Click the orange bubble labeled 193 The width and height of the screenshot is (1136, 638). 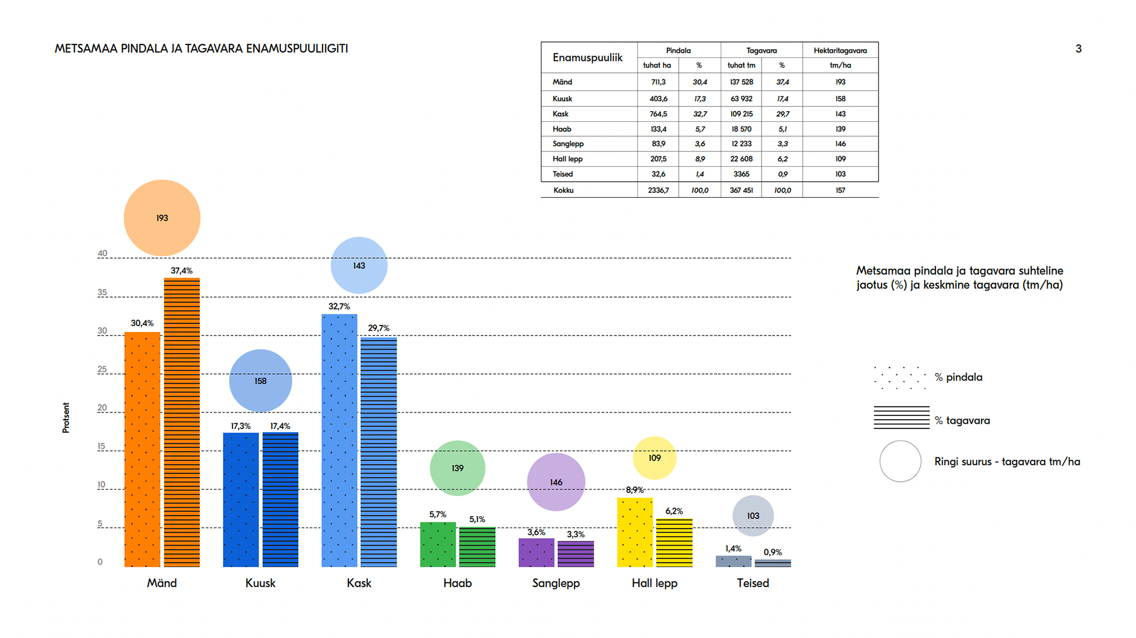(162, 218)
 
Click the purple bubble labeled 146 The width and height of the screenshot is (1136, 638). (556, 482)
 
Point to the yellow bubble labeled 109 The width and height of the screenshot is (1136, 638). (654, 457)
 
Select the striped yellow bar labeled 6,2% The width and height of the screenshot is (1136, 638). (674, 542)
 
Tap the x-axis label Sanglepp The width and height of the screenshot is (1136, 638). (556, 583)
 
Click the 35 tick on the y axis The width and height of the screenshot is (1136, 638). (102, 292)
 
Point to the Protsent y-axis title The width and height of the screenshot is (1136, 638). (66, 417)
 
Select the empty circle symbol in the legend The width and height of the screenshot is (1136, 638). (900, 461)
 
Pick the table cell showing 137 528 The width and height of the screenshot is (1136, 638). (741, 82)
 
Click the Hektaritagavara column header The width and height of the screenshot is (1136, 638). (840, 50)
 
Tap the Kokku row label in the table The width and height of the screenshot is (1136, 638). (563, 191)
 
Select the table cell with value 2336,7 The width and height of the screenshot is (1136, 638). (658, 191)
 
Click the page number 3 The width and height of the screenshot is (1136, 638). (1078, 49)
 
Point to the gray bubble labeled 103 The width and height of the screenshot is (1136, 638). (753, 515)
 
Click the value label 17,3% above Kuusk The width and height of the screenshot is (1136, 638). (240, 426)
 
